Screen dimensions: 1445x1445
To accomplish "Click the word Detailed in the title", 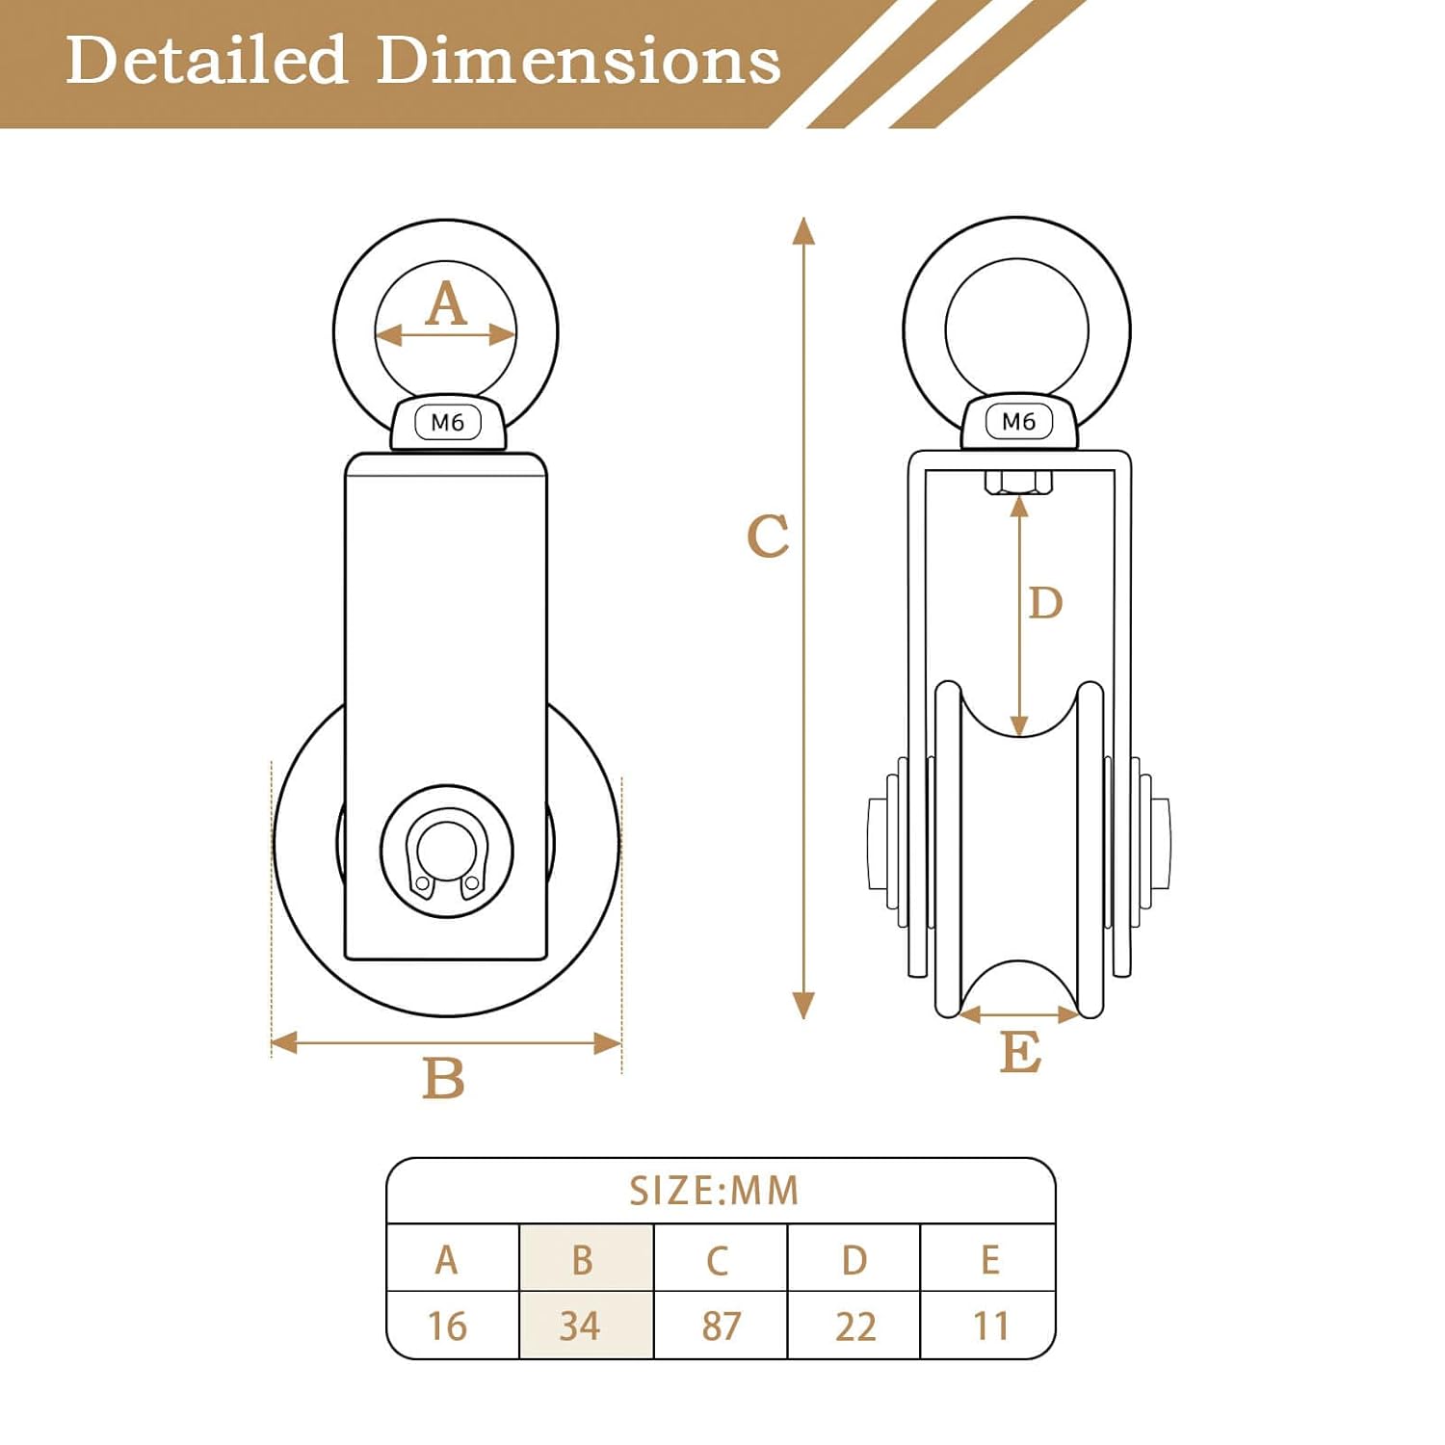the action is click(206, 60).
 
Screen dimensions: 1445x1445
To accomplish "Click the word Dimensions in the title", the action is click(578, 60).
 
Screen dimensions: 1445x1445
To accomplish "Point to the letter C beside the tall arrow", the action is click(768, 536).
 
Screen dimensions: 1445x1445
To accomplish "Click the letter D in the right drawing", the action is click(1045, 603).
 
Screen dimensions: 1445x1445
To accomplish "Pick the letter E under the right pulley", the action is click(1020, 1051).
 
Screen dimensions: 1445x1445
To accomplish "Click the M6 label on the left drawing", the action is click(448, 422).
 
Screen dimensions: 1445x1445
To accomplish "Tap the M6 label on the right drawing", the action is click(1019, 421).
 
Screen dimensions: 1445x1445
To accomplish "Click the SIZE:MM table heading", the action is click(714, 1192).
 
